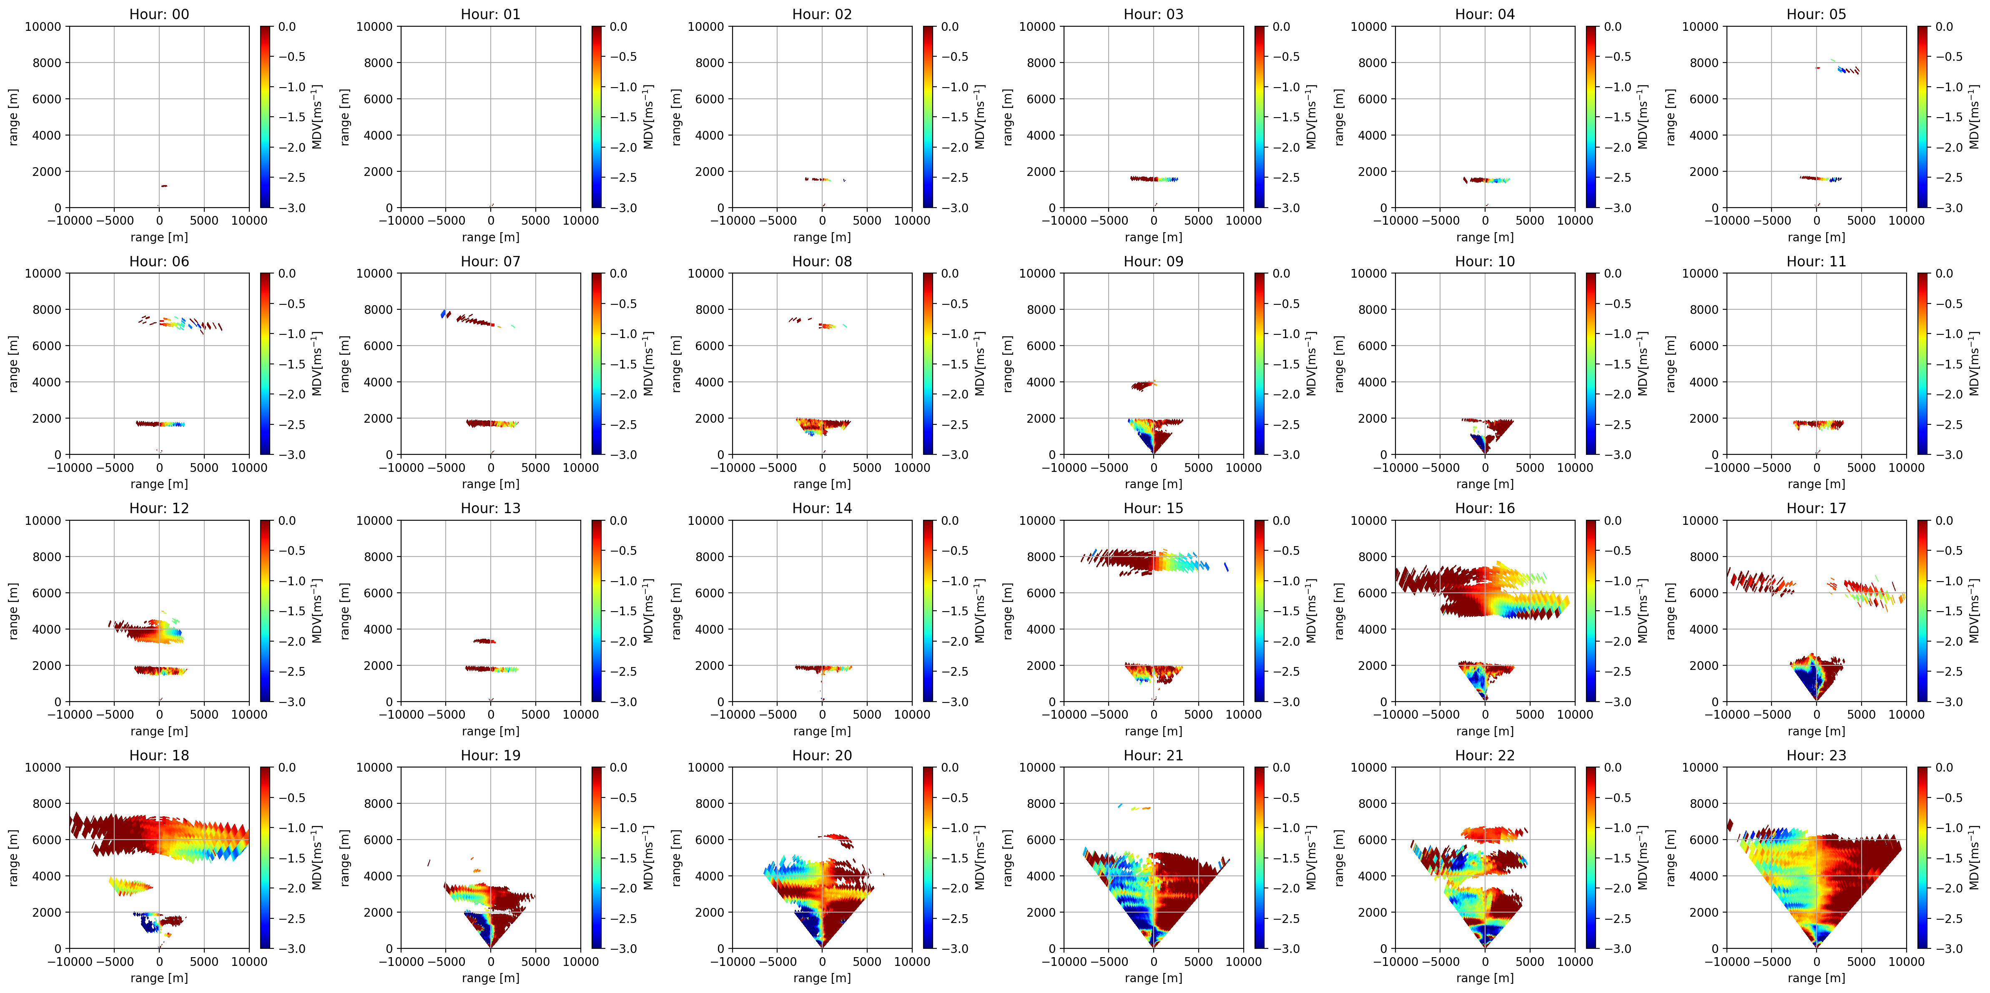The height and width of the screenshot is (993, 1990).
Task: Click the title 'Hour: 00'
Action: point(159,14)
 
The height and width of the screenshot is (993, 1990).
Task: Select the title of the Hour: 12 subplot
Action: point(159,508)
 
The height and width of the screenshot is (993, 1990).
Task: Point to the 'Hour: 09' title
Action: point(1153,261)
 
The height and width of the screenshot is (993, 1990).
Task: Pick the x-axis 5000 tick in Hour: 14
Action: point(867,714)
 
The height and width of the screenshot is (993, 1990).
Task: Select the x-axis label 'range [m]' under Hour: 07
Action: point(491,484)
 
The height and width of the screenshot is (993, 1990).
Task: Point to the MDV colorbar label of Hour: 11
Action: point(1974,364)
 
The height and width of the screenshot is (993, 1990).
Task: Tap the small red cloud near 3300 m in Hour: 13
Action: point(484,641)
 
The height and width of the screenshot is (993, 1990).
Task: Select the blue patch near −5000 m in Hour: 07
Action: point(444,314)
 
